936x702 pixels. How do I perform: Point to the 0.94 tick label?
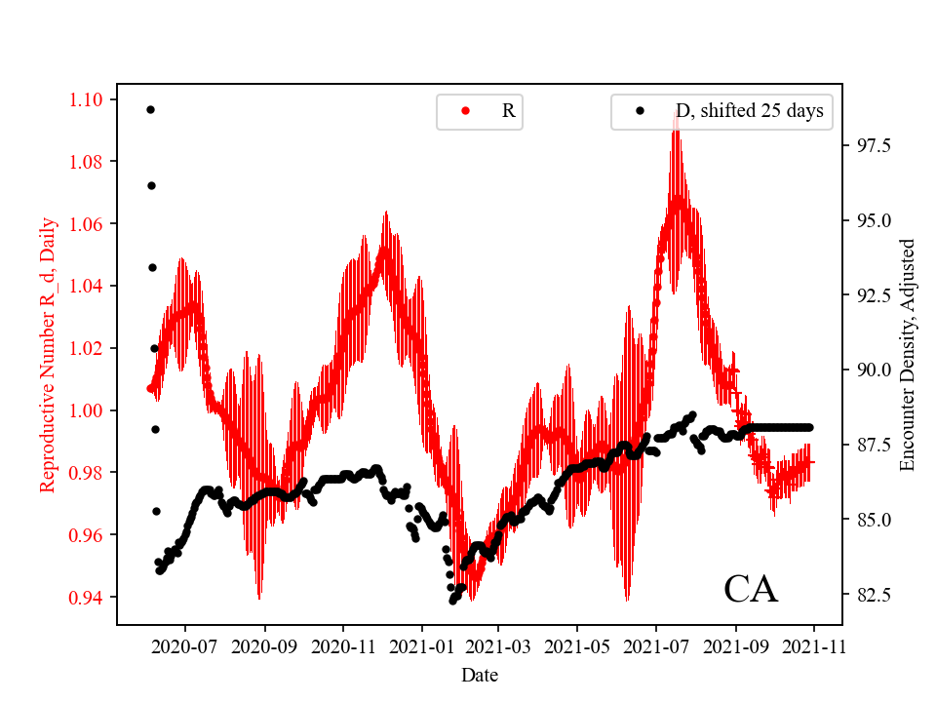tap(90, 597)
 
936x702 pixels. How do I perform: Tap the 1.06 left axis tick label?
tap(90, 224)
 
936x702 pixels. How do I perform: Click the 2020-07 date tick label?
tap(185, 645)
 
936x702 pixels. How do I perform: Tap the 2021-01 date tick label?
tap(421, 645)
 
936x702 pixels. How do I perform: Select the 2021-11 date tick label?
tap(814, 645)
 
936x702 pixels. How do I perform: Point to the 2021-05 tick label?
tap(577, 645)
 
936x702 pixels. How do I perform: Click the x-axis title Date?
tap(480, 674)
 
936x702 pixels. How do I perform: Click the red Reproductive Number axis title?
tap(47, 354)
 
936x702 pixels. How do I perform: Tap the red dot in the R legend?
tap(465, 111)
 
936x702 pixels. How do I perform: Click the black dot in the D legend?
tap(641, 111)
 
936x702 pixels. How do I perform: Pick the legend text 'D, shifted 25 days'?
tap(749, 111)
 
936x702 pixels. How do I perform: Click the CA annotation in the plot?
tap(751, 589)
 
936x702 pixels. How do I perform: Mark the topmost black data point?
tap(150, 109)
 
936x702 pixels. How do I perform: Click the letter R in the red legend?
tap(508, 111)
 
